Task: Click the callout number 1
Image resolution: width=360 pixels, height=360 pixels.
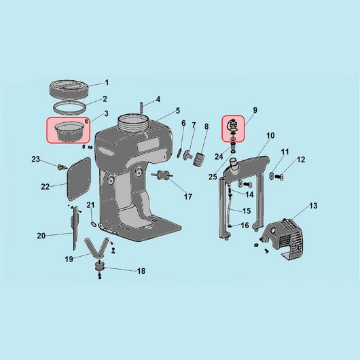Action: pyautogui.click(x=107, y=82)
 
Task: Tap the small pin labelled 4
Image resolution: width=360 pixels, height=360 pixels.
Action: pyautogui.click(x=141, y=108)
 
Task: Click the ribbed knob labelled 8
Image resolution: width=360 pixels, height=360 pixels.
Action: pyautogui.click(x=199, y=159)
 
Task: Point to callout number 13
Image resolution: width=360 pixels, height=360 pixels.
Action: pyautogui.click(x=313, y=206)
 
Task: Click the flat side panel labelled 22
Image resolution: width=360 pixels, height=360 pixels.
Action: pyautogui.click(x=79, y=179)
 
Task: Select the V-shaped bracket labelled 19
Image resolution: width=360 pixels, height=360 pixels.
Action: pyautogui.click(x=96, y=248)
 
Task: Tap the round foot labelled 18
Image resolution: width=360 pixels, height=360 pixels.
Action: pyautogui.click(x=100, y=267)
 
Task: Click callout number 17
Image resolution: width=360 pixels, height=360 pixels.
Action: pyautogui.click(x=188, y=196)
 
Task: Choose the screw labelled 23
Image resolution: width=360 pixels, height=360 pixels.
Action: pyautogui.click(x=62, y=166)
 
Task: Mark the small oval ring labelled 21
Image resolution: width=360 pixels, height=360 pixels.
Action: pyautogui.click(x=94, y=223)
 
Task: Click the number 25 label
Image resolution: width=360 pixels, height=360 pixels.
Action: pyautogui.click(x=213, y=177)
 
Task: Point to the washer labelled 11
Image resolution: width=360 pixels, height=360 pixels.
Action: pyautogui.click(x=272, y=176)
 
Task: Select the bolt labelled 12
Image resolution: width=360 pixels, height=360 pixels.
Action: pyautogui.click(x=279, y=177)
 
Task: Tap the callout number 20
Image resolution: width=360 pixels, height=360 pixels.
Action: pyautogui.click(x=41, y=236)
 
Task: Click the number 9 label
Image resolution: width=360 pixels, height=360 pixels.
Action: pyautogui.click(x=255, y=110)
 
